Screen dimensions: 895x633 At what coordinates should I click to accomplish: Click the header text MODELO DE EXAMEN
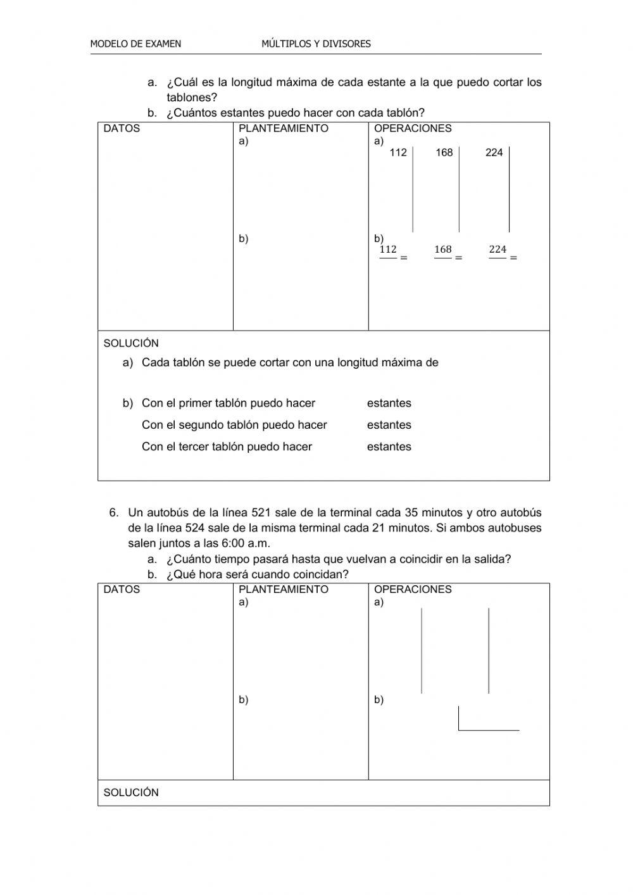[x=135, y=44]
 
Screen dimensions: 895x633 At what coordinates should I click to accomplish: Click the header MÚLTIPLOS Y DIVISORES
[x=316, y=44]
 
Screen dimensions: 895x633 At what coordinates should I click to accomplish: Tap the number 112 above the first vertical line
[x=398, y=153]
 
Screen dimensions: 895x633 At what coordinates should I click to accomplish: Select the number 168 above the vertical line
[x=444, y=153]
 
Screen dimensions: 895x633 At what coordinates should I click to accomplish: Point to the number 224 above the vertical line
[x=494, y=153]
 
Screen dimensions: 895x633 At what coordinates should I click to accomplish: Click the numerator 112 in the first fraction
[x=388, y=250]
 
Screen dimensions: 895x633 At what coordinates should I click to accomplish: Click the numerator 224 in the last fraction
[x=498, y=250]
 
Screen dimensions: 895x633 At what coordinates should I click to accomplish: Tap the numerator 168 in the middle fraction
[x=443, y=250]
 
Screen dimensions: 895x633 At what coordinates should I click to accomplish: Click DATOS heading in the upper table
[x=122, y=129]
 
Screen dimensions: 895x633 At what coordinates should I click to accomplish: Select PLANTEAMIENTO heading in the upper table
[x=284, y=129]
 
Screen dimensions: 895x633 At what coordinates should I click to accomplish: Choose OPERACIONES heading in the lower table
[x=413, y=590]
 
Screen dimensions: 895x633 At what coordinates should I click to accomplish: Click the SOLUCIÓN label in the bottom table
[x=131, y=792]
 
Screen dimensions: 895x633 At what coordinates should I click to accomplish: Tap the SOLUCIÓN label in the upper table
[x=131, y=343]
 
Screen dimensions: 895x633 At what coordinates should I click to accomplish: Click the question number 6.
[x=114, y=512]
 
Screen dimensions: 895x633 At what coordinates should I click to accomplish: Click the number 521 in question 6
[x=261, y=512]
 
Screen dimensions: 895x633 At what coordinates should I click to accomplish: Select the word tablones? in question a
[x=192, y=98]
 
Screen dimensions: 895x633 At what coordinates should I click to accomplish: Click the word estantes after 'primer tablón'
[x=389, y=403]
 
